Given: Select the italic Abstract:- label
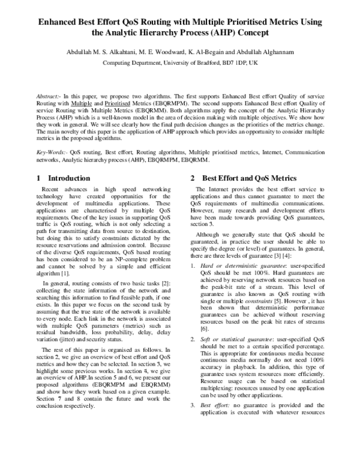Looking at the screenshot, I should click(x=49, y=96).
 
